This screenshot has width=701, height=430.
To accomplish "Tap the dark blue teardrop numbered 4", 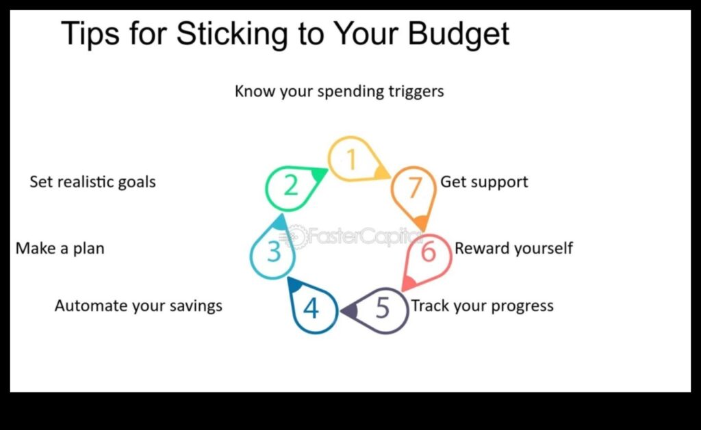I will tap(312, 308).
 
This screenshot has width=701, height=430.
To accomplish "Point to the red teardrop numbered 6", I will tap(427, 253).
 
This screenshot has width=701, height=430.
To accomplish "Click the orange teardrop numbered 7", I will tap(413, 189).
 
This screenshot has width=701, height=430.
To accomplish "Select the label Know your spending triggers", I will tap(339, 91).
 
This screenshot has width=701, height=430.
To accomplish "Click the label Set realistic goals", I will tap(92, 182).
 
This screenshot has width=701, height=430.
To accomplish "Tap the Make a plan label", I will tap(60, 248).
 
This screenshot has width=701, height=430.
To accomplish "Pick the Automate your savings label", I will tap(138, 306).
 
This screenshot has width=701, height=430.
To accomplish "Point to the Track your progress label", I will tap(482, 306).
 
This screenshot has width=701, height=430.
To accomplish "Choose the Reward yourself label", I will tap(513, 248).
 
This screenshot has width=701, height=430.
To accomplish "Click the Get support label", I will tap(484, 182).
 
